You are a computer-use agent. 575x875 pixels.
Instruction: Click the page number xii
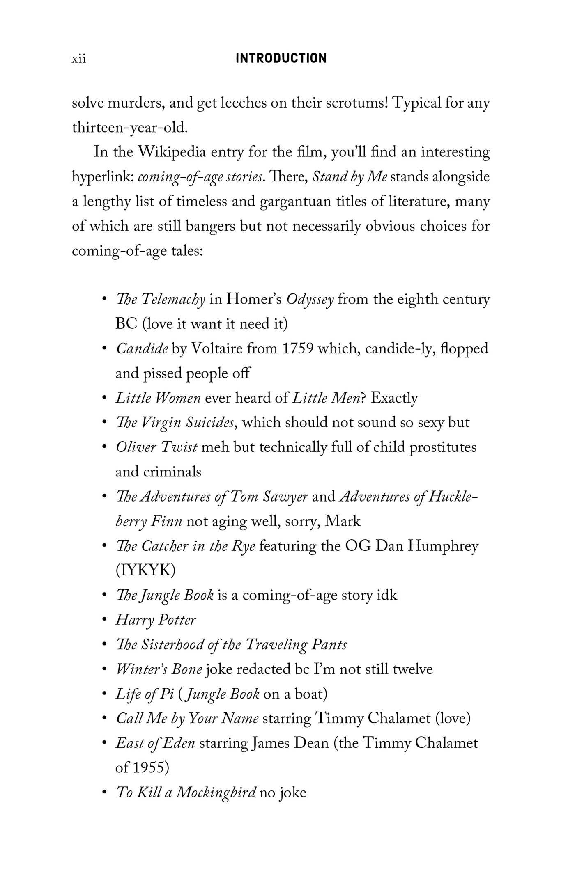[x=79, y=59]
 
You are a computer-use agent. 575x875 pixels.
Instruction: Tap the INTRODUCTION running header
[x=281, y=58]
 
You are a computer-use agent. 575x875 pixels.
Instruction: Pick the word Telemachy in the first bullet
[x=173, y=299]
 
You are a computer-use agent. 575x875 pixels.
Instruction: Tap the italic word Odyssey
[x=310, y=300]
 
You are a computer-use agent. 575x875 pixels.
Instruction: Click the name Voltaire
[x=218, y=349]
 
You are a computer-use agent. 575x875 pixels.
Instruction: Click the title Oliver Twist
[x=156, y=447]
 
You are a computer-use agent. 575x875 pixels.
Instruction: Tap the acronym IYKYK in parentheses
[x=146, y=570]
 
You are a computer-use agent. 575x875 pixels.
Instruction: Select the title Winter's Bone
[x=159, y=669]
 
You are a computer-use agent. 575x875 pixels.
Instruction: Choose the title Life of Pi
[x=145, y=694]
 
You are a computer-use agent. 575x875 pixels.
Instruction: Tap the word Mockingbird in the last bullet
[x=216, y=793]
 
